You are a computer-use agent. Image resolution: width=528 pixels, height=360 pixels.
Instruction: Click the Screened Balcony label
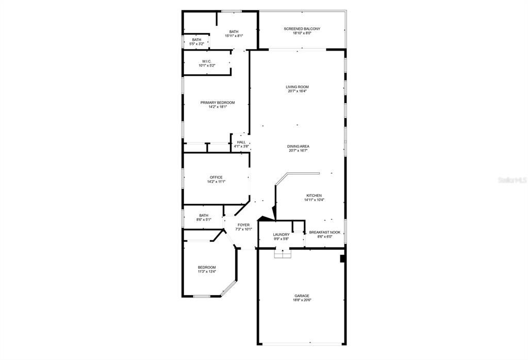[x=302, y=29]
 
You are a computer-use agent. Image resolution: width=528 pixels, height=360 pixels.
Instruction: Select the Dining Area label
[x=298, y=146]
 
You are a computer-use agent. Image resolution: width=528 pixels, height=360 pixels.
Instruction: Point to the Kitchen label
[x=314, y=195]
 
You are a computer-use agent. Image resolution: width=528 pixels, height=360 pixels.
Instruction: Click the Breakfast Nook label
[x=324, y=233]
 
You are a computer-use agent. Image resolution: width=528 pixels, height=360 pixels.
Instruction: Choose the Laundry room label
[x=281, y=235]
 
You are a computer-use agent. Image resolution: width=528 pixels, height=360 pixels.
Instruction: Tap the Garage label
[x=302, y=296]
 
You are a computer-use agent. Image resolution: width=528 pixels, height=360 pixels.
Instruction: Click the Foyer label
[x=243, y=225]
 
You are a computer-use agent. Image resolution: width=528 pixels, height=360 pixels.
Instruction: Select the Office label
[x=216, y=177]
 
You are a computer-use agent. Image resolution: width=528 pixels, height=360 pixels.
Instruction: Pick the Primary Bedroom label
[x=218, y=103]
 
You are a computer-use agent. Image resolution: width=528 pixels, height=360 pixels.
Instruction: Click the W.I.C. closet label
[x=207, y=61]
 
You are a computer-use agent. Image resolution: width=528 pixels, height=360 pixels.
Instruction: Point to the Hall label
[x=241, y=142]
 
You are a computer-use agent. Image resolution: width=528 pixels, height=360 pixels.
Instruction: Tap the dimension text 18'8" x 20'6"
[x=302, y=300]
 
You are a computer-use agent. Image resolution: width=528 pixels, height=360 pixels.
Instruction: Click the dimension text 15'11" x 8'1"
[x=234, y=36]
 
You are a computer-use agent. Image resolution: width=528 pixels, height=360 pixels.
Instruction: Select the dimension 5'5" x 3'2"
[x=196, y=44]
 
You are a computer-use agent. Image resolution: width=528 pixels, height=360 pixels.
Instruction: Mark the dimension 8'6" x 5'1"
[x=204, y=220]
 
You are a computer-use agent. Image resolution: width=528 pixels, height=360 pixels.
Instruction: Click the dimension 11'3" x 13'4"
[x=207, y=271]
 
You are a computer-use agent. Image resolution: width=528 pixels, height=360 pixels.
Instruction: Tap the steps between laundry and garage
[x=283, y=254]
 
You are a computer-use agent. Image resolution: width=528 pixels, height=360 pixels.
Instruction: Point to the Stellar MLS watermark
[x=511, y=181]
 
